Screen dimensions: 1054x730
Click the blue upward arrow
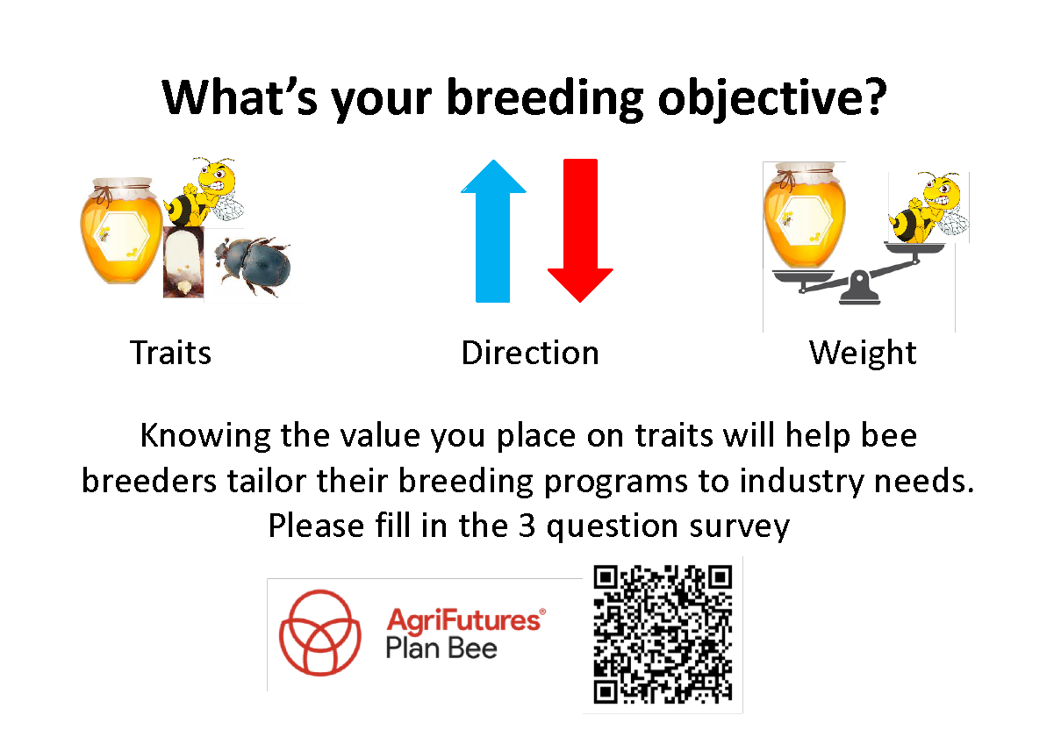tap(492, 231)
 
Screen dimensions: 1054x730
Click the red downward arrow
tap(580, 231)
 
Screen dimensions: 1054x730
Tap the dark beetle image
tap(253, 267)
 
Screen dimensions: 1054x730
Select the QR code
tap(663, 634)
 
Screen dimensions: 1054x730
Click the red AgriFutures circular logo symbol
tap(320, 633)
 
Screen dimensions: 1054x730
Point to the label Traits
tap(170, 353)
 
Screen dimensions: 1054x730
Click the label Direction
tap(530, 353)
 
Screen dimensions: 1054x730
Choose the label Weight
tap(863, 354)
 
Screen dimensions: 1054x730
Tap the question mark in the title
tap(876, 96)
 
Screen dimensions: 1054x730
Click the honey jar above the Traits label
tap(121, 231)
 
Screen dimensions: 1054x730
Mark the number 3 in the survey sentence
tap(527, 526)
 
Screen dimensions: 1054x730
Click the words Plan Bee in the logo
tap(441, 648)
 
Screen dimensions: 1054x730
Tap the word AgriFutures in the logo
tap(464, 620)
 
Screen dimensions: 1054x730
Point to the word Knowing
tap(205, 436)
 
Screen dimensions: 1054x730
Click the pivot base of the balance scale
tap(859, 288)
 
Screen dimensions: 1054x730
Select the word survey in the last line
tap(739, 526)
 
